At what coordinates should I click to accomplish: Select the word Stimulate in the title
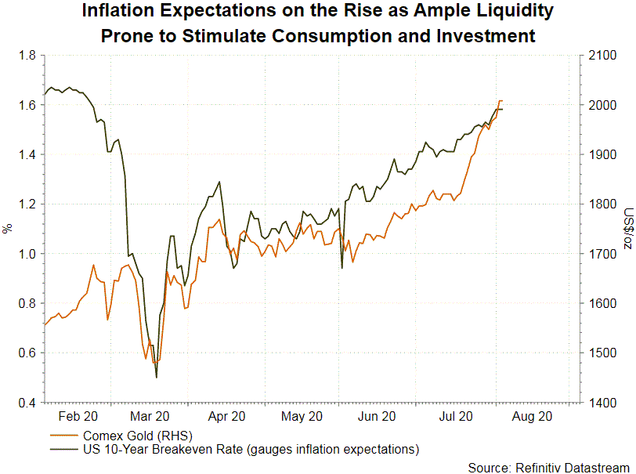pos(258,35)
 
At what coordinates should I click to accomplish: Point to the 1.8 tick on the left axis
pos(26,56)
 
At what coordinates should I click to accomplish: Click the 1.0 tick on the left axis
pos(26,254)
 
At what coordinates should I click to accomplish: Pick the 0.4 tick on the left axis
pos(26,403)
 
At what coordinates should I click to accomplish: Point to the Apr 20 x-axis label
pos(228,417)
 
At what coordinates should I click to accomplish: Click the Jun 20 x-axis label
pos(380,417)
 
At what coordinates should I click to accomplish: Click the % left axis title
pos(7,229)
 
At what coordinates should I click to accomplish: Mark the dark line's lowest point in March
pos(157,378)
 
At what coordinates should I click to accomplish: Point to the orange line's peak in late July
pos(500,101)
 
